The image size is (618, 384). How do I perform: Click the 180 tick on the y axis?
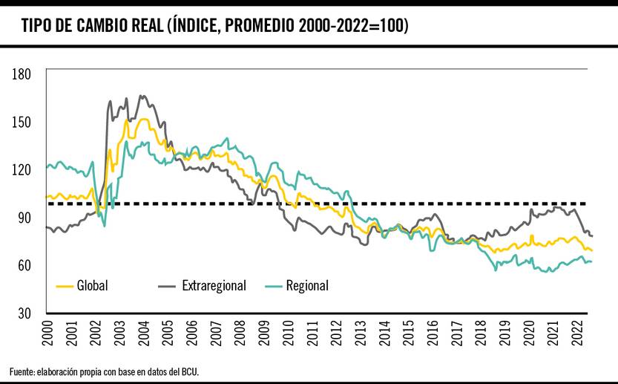[21, 74]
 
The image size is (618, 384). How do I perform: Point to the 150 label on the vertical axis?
[21, 122]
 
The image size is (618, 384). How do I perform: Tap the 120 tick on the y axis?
[21, 169]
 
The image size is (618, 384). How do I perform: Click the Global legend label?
[93, 285]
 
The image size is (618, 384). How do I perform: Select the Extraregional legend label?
[214, 285]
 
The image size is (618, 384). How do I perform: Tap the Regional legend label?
[307, 285]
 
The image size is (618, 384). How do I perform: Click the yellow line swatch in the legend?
[65, 285]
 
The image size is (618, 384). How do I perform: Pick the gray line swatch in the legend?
[167, 285]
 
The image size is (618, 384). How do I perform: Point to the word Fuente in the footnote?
[22, 371]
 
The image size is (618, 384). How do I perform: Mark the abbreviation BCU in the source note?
[190, 371]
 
